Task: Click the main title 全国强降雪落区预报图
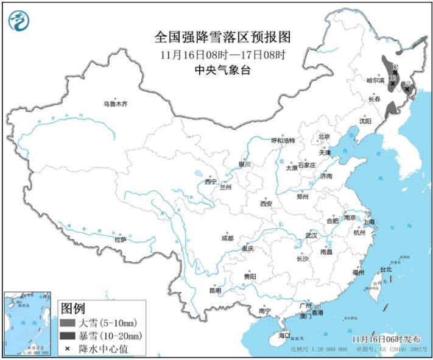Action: click(222, 37)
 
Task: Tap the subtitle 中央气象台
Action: click(222, 70)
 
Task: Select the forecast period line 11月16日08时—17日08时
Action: click(223, 54)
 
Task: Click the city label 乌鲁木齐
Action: click(116, 104)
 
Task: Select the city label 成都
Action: click(227, 238)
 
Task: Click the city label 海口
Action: click(284, 336)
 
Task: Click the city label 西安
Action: click(266, 203)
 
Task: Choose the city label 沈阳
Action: click(365, 121)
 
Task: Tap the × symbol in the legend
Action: click(68, 348)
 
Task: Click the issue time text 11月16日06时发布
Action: click(385, 338)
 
